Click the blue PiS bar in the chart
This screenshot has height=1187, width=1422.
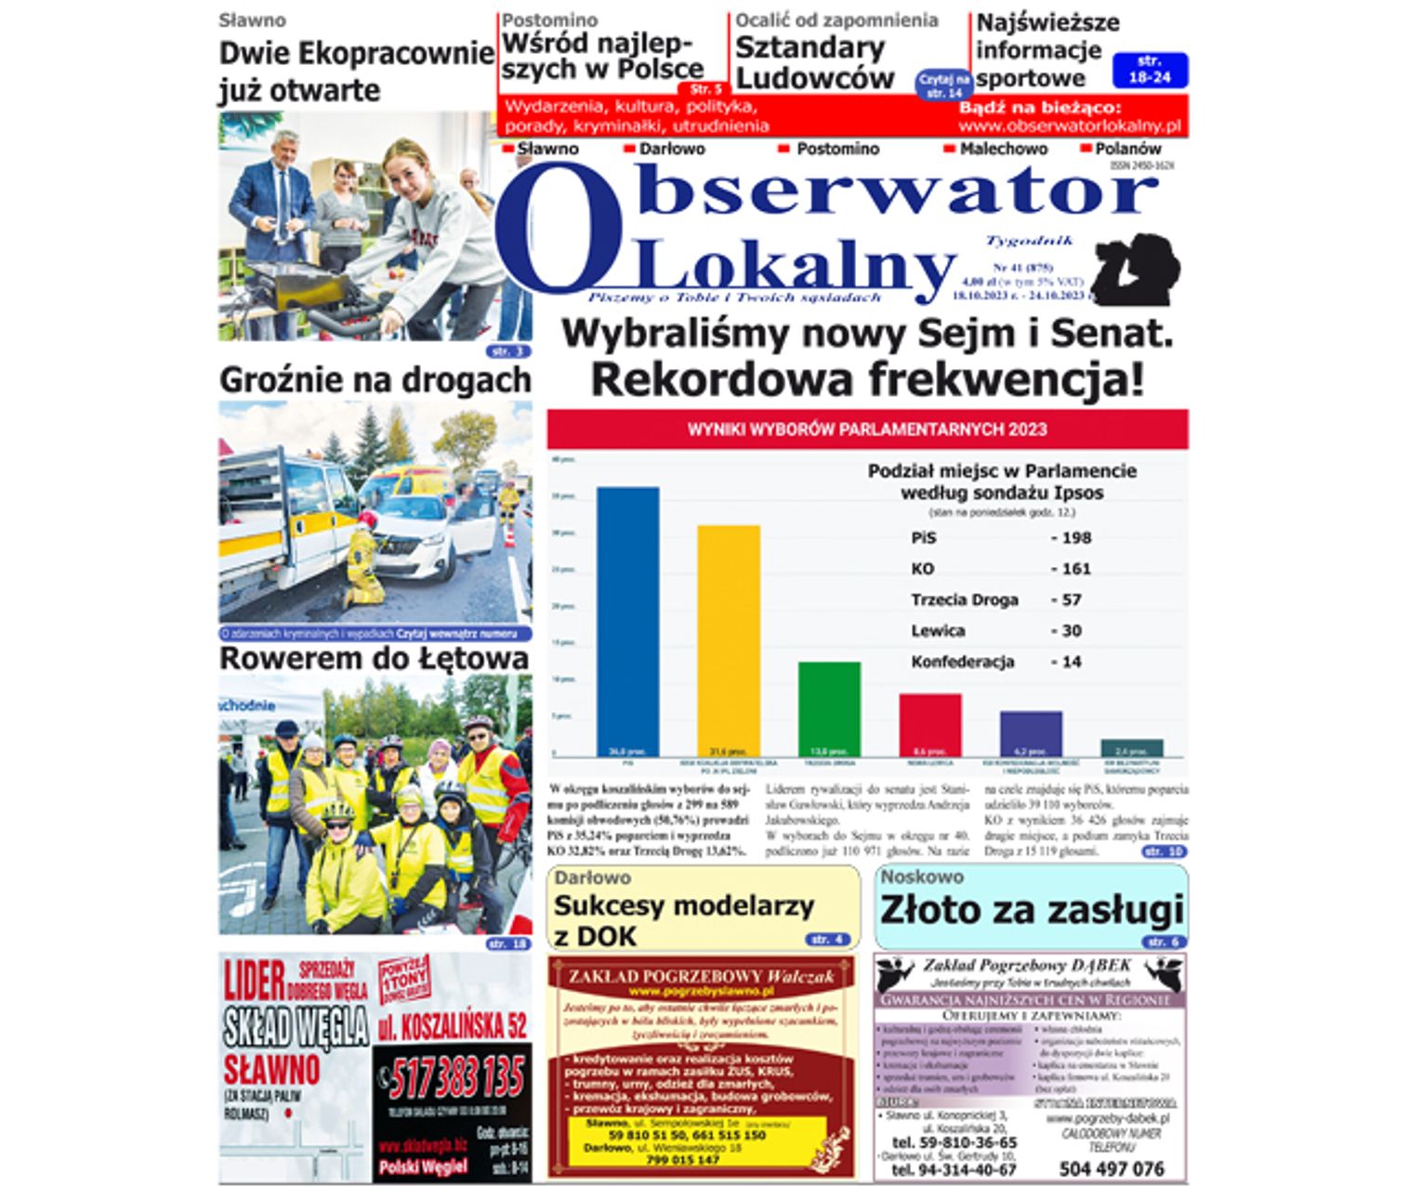(627, 618)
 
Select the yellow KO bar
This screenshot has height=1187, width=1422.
(728, 639)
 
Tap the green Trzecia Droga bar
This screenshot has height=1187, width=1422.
(829, 706)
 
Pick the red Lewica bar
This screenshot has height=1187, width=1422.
(929, 723)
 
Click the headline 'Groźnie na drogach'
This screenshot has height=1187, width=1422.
(375, 380)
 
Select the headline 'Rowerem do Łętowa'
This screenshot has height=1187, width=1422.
(374, 659)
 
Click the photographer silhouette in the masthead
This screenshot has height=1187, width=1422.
(1136, 268)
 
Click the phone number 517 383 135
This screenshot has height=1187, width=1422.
(456, 1078)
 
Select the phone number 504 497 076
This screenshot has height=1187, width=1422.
(1111, 1168)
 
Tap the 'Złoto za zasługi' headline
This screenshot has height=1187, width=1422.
(1032, 910)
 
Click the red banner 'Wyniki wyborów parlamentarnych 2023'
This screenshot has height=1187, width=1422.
(866, 429)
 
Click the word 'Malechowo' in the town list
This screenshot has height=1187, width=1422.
(1003, 149)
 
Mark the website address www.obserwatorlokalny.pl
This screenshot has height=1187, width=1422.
(1069, 125)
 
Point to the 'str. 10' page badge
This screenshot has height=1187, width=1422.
(1164, 851)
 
